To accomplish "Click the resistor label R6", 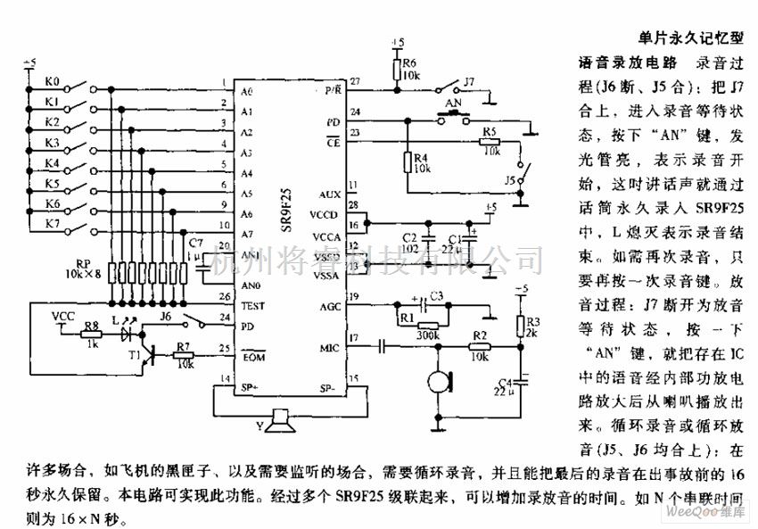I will pyautogui.click(x=409, y=63).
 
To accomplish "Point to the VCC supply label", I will pyautogui.click(x=64, y=314).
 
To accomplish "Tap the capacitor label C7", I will pyautogui.click(x=195, y=243).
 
